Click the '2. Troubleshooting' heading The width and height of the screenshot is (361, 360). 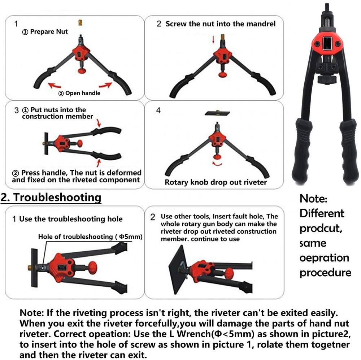pos(51,198)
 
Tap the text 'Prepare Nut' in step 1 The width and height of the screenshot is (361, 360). pos(49,31)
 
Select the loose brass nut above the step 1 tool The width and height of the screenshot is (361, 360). pos(81,23)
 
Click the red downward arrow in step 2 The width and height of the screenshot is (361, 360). pos(213,39)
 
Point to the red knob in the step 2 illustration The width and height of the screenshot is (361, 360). pos(223,74)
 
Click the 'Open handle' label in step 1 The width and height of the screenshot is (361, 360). pos(83,93)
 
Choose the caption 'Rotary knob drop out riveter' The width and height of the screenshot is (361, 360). pos(216,182)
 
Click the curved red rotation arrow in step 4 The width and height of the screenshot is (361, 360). pos(217,164)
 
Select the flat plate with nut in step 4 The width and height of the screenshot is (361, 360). pos(217,113)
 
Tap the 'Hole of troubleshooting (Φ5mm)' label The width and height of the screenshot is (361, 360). pos(90,237)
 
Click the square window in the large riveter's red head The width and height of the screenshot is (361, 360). pos(326,44)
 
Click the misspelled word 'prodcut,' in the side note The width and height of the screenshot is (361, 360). pos(321,229)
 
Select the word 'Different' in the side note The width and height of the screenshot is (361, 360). pos(322,213)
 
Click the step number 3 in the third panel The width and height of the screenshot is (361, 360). pos(16,110)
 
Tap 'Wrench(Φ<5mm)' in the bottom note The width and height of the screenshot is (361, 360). pos(215,334)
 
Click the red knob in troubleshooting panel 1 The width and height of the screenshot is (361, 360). pos(92,268)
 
